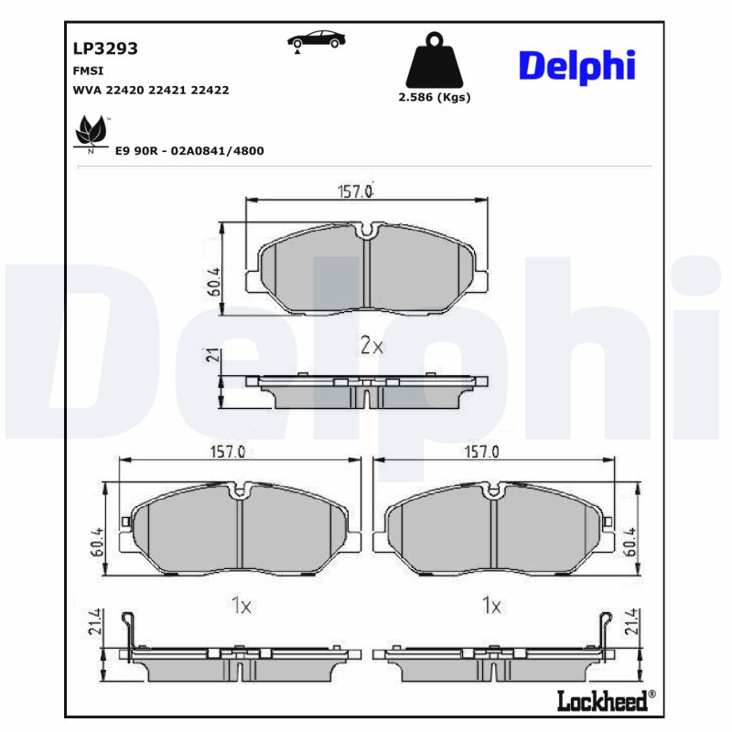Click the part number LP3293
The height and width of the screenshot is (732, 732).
pyautogui.click(x=105, y=49)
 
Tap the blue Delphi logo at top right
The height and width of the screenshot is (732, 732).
pyautogui.click(x=576, y=67)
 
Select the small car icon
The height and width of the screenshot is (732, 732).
pyautogui.click(x=317, y=40)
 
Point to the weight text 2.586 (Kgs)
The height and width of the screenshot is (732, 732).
pyautogui.click(x=435, y=97)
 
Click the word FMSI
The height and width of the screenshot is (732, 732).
pyautogui.click(x=87, y=70)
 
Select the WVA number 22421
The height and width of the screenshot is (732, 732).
pyautogui.click(x=169, y=91)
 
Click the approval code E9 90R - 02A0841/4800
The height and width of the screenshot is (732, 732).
pyautogui.click(x=189, y=150)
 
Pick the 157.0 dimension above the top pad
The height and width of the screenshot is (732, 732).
pyautogui.click(x=356, y=191)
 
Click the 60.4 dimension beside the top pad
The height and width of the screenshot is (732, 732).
pyautogui.click(x=213, y=281)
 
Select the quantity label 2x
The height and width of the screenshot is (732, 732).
pyautogui.click(x=371, y=346)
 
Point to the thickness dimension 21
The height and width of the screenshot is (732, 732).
pyautogui.click(x=213, y=356)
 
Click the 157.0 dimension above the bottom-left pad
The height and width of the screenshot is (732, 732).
pyautogui.click(x=229, y=452)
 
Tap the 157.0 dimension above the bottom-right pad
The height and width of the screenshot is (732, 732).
pyautogui.click(x=482, y=452)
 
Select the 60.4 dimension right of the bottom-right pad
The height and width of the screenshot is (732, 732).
pyautogui.click(x=630, y=542)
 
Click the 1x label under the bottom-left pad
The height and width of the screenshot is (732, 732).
pyautogui.click(x=241, y=605)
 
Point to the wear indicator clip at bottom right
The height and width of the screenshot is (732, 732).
pyautogui.click(x=605, y=630)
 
